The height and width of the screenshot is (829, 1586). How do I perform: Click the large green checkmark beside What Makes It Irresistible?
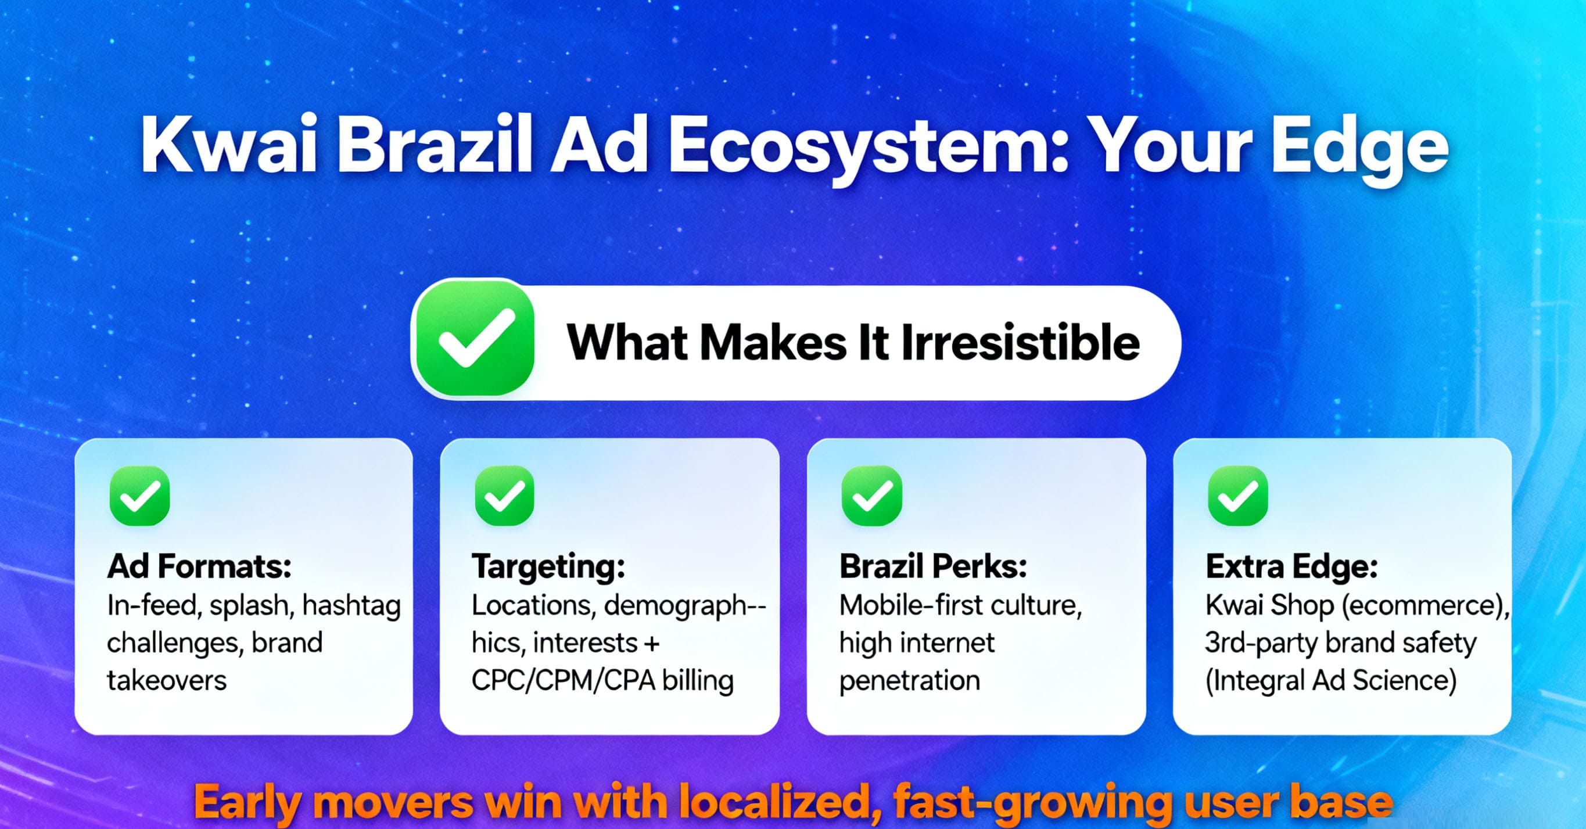click(x=475, y=338)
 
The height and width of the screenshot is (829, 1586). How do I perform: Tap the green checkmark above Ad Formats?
click(x=140, y=496)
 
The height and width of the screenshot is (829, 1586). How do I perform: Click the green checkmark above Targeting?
click(x=504, y=496)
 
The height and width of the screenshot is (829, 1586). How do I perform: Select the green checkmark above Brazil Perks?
click(x=872, y=496)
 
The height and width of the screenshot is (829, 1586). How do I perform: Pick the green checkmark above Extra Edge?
click(x=1238, y=496)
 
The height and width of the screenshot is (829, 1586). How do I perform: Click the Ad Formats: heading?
click(x=199, y=566)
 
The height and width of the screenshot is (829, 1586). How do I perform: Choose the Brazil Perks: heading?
click(x=934, y=566)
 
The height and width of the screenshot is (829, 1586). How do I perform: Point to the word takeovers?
click(x=167, y=681)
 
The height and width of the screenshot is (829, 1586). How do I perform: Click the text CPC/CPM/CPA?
click(x=564, y=681)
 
